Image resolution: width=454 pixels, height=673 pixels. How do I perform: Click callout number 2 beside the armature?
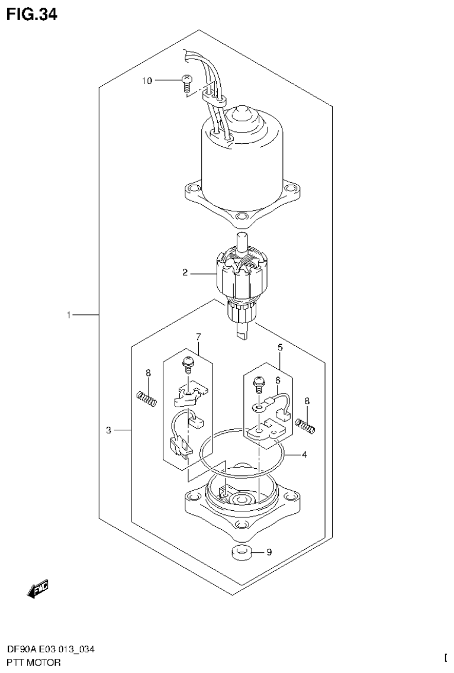pos(185,273)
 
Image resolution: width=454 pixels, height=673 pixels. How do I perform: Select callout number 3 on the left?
pos(109,430)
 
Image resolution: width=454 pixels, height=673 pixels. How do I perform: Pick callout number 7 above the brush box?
pos(198,337)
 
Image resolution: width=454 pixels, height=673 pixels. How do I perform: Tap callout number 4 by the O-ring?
pos(304,455)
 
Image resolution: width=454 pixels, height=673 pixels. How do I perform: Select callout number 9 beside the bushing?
pos(269,553)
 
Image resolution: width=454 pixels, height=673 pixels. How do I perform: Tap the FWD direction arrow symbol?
pos(38,587)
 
